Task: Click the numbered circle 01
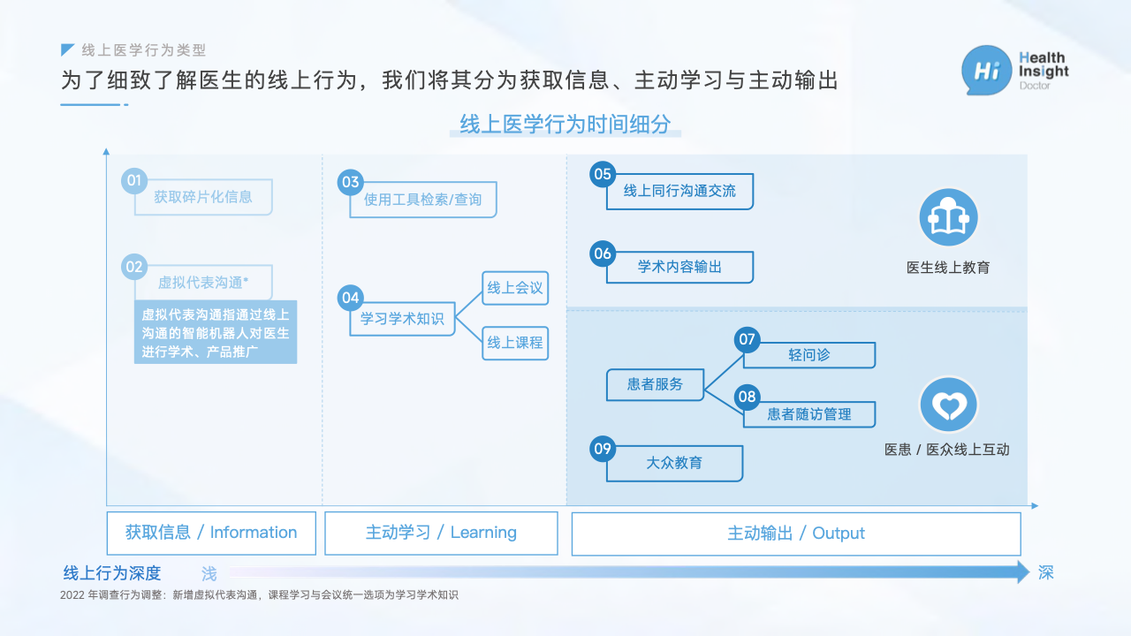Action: tap(133, 180)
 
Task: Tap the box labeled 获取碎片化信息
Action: tap(203, 197)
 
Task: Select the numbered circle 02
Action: tap(133, 267)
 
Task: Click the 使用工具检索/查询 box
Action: tap(423, 200)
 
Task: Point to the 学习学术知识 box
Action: tap(402, 319)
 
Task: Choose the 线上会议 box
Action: tap(515, 288)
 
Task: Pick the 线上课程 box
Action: tap(515, 344)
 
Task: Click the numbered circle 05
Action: tap(603, 174)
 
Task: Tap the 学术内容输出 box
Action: tap(679, 267)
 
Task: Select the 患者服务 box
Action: tap(655, 384)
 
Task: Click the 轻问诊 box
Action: tap(808, 355)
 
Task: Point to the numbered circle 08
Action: tap(748, 397)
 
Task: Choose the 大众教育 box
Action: tap(674, 463)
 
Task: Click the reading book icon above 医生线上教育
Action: tap(949, 217)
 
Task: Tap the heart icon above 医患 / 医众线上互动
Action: tap(949, 405)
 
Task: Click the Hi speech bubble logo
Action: tap(986, 70)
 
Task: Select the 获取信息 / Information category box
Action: tap(211, 533)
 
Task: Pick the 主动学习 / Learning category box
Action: tap(441, 533)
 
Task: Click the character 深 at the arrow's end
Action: tap(1045, 573)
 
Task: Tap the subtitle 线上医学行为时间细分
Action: tap(565, 125)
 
